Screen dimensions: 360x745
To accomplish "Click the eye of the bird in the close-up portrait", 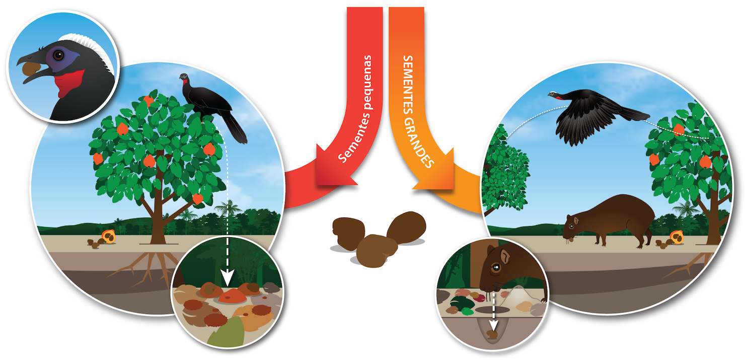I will tap(59, 55).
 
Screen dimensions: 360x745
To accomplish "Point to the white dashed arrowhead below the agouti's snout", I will tap(494, 318).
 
